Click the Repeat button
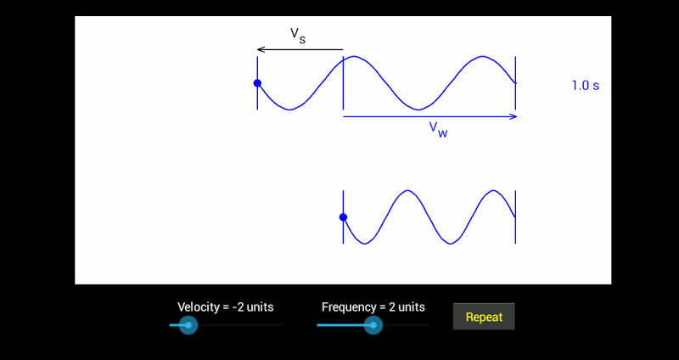click(484, 317)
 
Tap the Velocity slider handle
click(188, 325)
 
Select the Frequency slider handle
click(373, 325)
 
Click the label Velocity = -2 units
click(226, 307)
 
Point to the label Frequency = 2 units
click(373, 307)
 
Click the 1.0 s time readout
click(586, 86)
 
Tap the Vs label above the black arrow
click(298, 36)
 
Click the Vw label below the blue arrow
click(438, 130)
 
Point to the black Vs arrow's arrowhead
click(261, 49)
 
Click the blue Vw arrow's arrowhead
click(513, 116)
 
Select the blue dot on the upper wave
click(257, 83)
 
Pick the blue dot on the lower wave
click(343, 217)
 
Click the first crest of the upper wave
click(354, 56)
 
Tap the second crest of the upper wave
click(482, 56)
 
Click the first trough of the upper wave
click(289, 110)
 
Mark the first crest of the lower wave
click(407, 190)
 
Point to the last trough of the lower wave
click(451, 244)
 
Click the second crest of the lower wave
click(493, 190)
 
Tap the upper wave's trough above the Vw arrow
click(418, 110)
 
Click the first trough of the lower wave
click(365, 244)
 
